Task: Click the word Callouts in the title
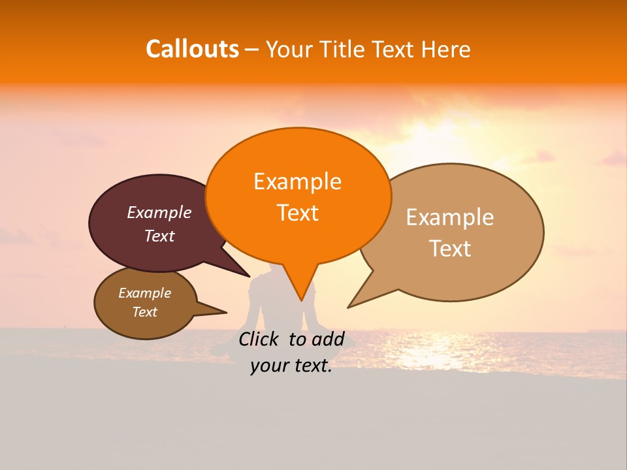coord(192,49)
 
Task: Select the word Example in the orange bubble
coord(297,181)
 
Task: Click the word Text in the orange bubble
coord(297,213)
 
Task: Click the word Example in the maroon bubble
coord(159,212)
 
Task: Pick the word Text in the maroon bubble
coord(159,236)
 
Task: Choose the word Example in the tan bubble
coord(450,217)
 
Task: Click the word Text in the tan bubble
coord(450,249)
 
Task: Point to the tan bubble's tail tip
coord(348,307)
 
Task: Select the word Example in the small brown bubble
coord(144,293)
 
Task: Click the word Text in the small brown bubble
coord(144,312)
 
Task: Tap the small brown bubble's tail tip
coord(226,312)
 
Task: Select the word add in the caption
coord(329,339)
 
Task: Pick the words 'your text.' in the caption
coord(291,366)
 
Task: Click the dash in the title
coord(252,50)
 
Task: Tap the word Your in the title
coord(289,49)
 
